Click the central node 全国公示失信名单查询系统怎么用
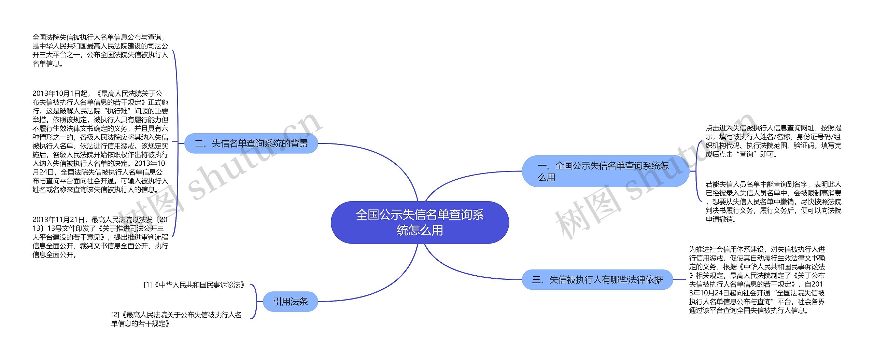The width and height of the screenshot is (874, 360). (x=420, y=222)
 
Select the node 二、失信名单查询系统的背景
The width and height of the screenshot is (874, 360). (x=251, y=143)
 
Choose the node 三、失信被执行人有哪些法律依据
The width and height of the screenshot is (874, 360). (x=597, y=280)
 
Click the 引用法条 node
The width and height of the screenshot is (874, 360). (x=290, y=302)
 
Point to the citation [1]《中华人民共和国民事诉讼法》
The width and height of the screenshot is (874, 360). (x=195, y=285)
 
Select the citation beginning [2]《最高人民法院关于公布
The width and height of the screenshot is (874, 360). (x=177, y=319)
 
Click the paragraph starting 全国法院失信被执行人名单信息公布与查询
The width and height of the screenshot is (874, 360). (x=100, y=50)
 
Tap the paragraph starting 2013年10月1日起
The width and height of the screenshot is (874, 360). (x=100, y=141)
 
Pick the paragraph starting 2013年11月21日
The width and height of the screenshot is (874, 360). (x=100, y=237)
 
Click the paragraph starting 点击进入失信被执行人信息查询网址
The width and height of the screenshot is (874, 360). (x=773, y=141)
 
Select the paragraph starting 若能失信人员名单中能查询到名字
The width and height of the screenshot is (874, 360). (x=773, y=202)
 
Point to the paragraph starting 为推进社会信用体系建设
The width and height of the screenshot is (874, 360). (x=757, y=280)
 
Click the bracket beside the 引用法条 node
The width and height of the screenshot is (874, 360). (x=255, y=302)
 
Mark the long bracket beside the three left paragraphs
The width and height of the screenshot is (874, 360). (x=177, y=143)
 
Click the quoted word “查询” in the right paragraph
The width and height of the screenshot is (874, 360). (x=749, y=154)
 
